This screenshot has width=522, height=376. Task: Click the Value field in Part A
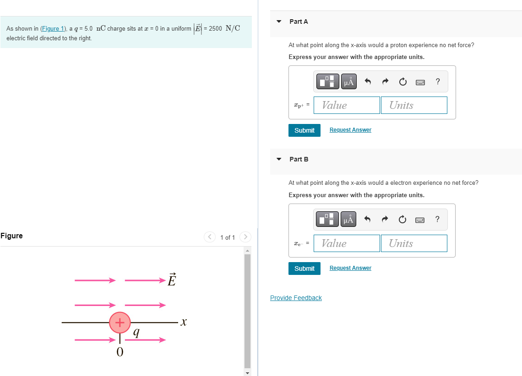347,105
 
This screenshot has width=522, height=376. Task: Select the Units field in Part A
414,105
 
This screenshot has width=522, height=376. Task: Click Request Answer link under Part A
350,130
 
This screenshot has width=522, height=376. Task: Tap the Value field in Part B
347,243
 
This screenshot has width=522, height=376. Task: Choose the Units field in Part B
414,243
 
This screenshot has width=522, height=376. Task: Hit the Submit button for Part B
304,269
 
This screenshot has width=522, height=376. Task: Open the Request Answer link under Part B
350,268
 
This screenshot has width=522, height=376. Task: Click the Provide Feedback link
296,298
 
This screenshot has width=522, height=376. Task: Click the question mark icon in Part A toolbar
438,82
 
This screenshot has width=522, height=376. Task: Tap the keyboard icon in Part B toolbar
420,220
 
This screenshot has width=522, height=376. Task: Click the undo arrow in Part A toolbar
367,82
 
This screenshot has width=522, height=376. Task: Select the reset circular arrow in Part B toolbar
402,220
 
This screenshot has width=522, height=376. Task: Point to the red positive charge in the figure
120,322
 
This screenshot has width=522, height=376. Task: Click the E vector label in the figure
172,279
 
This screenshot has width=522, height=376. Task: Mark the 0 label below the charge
120,352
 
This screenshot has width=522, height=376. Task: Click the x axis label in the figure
183,322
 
